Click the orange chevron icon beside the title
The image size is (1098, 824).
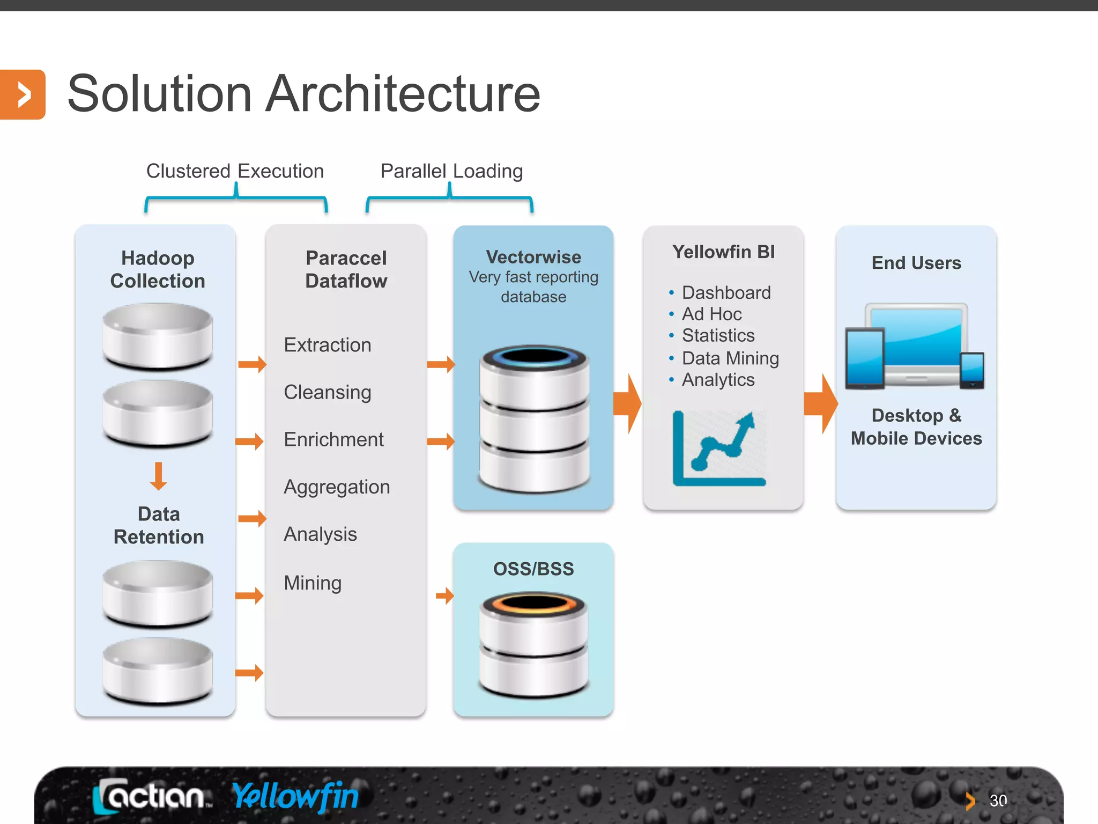click(23, 94)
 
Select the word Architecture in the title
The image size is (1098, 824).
click(403, 94)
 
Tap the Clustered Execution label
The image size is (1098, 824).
click(235, 171)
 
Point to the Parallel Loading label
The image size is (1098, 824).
click(451, 171)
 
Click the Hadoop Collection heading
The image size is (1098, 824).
click(158, 269)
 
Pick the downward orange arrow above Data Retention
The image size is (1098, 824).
click(158, 476)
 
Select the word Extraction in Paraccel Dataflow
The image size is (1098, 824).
click(328, 345)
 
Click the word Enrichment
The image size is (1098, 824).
click(333, 440)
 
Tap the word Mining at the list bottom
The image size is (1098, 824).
click(313, 583)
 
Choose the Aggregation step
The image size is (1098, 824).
click(337, 487)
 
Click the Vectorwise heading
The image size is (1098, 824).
click(533, 257)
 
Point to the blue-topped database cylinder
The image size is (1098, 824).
click(534, 418)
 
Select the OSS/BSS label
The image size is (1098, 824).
click(533, 569)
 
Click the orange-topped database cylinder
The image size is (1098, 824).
click(533, 644)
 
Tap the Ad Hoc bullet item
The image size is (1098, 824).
click(711, 314)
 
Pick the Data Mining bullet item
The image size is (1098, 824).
click(730, 358)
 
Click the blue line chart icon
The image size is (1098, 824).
click(719, 448)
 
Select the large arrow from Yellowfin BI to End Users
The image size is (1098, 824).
click(821, 403)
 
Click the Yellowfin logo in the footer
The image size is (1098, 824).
click(295, 796)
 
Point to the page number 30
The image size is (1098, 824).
click(998, 801)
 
